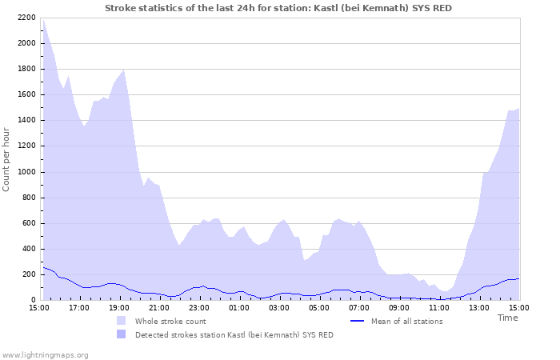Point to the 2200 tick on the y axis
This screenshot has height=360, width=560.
[x=25, y=18]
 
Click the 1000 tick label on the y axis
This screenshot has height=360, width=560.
[x=25, y=172]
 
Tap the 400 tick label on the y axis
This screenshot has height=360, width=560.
[x=27, y=249]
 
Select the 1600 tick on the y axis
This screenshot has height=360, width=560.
[x=25, y=94]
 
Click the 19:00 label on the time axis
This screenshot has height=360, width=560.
[x=119, y=307]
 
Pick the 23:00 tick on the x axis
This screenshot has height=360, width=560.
[x=199, y=307]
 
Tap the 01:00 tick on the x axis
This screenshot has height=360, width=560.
[x=239, y=307]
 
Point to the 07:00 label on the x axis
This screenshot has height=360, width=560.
[x=359, y=307]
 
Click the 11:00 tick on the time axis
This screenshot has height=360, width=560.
[x=439, y=307]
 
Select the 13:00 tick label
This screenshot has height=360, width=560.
[x=479, y=307]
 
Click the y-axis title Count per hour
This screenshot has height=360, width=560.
[x=7, y=158]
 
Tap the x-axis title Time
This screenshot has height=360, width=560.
[x=507, y=318]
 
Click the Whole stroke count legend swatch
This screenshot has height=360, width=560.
[x=122, y=321]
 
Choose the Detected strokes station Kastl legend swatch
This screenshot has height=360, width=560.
[x=122, y=334]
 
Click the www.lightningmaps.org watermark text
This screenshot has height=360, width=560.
[x=45, y=354]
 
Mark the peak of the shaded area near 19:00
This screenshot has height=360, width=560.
[x=123, y=70]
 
